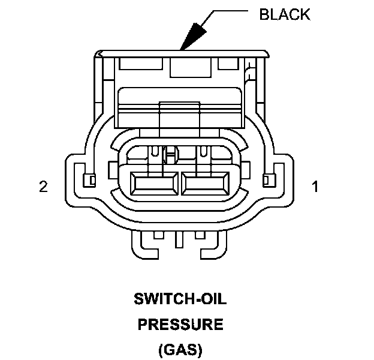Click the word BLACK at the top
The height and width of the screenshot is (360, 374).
click(x=285, y=14)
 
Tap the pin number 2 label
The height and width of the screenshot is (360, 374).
click(x=43, y=187)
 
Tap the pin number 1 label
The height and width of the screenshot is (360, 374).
click(x=315, y=187)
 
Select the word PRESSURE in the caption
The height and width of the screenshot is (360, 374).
click(x=180, y=325)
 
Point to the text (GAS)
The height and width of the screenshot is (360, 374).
click(x=180, y=349)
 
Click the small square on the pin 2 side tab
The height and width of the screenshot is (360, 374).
click(x=90, y=179)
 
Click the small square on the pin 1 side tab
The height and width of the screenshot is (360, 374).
click(x=269, y=179)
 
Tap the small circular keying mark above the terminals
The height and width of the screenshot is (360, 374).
click(x=169, y=156)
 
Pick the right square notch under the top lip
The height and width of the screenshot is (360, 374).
click(x=227, y=62)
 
